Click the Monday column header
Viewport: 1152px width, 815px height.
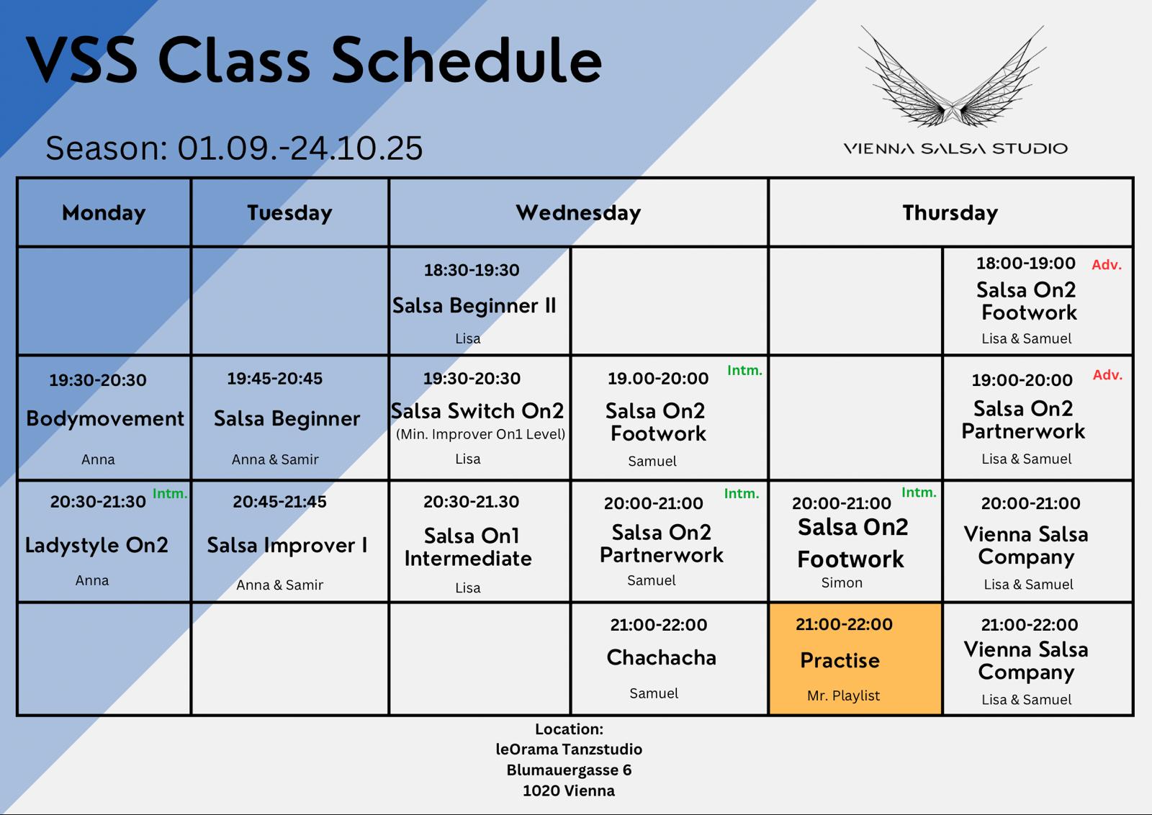click(x=104, y=213)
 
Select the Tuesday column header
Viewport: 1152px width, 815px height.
click(x=289, y=213)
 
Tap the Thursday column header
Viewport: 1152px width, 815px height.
click(x=950, y=213)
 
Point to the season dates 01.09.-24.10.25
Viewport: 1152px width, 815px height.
click(x=300, y=148)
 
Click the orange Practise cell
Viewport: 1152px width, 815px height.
click(x=855, y=659)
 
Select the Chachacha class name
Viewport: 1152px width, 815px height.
click(x=661, y=657)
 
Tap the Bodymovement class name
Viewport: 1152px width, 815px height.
click(x=105, y=418)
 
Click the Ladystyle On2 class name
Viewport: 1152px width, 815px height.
click(x=96, y=545)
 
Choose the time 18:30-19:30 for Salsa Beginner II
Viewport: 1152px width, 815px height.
click(x=472, y=270)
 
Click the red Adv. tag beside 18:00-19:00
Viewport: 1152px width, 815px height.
click(x=1106, y=265)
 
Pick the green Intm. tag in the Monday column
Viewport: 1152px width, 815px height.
click(x=170, y=494)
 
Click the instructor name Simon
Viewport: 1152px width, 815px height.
click(x=842, y=582)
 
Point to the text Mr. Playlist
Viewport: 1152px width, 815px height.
click(x=843, y=695)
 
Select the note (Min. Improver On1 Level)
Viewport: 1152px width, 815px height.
click(x=480, y=434)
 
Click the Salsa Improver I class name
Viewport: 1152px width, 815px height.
click(x=287, y=545)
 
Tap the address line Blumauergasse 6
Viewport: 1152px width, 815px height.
click(x=569, y=770)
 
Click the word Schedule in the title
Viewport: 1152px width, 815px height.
click(x=467, y=60)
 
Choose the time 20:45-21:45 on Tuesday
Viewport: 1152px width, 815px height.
click(x=279, y=501)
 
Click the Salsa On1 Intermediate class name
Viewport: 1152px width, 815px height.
click(x=469, y=547)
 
